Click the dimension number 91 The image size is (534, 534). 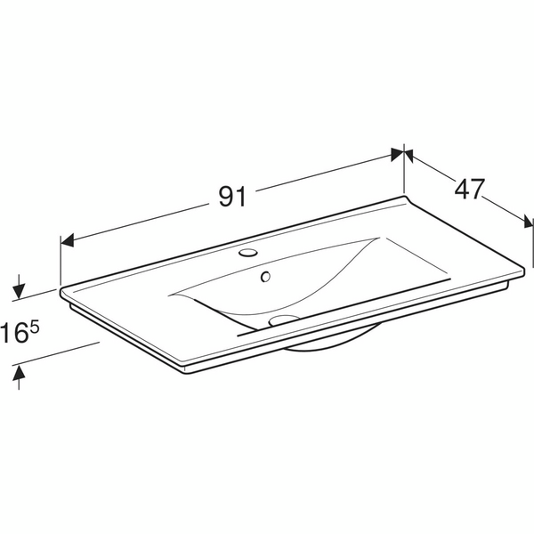coord(232,197)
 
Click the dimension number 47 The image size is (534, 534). coord(469,189)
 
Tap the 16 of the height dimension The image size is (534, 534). coord(14,333)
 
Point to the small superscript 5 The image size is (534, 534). coord(35,328)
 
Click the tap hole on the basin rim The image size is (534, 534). coord(247,253)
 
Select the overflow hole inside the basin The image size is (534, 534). coord(265,277)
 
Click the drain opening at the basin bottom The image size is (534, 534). coord(283,320)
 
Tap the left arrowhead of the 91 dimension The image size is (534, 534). coord(67,240)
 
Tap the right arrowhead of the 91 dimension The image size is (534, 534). coord(398,155)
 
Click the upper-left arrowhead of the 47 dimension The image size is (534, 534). coord(409,156)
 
